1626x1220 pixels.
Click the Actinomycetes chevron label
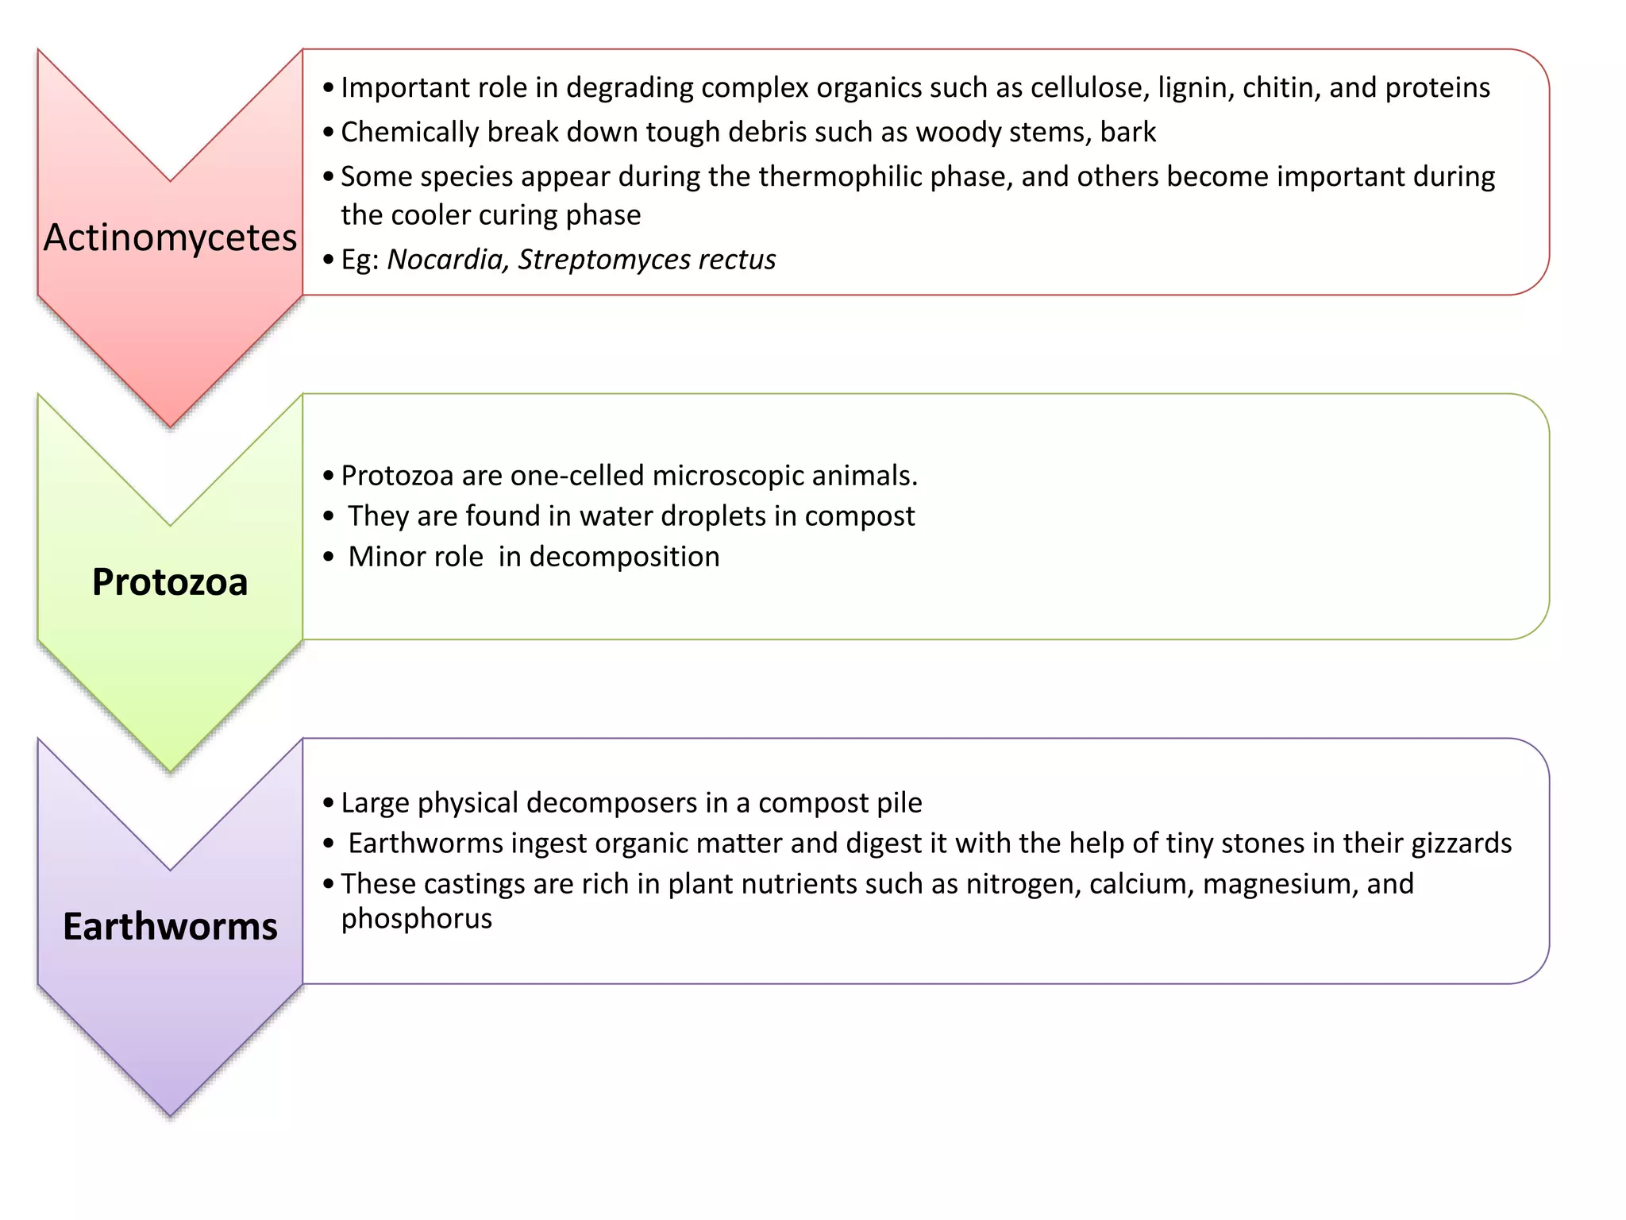170,237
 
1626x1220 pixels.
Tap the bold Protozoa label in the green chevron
170,582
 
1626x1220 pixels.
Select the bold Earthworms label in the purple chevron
170,927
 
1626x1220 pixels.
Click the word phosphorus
417,919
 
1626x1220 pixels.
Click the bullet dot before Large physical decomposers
329,804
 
